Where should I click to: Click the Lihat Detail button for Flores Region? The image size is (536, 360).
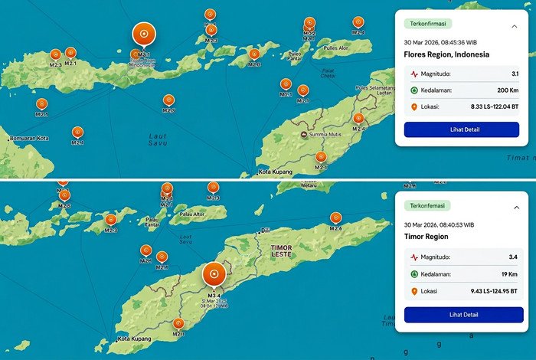462,129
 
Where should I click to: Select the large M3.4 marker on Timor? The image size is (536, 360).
214,275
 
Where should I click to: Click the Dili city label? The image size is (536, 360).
266,231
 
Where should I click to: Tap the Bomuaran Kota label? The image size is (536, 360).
29,139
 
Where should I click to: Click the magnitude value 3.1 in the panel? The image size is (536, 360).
514,74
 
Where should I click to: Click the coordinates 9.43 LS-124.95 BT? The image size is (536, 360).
492,291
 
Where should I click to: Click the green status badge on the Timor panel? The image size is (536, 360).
429,206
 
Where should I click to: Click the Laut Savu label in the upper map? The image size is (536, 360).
157,139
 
